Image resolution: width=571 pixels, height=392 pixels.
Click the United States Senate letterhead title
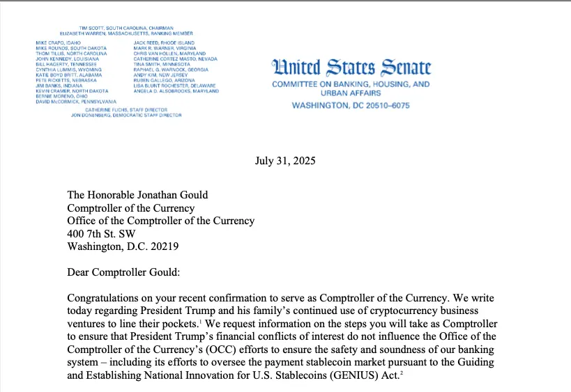point(351,68)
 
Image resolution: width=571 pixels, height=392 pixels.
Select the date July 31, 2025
point(285,161)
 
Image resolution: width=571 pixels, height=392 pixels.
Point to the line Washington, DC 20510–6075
point(350,106)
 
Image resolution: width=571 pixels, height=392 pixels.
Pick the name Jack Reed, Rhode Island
point(162,43)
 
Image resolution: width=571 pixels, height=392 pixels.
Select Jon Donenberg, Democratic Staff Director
point(126,116)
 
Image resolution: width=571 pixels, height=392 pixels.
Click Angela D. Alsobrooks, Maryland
point(176,91)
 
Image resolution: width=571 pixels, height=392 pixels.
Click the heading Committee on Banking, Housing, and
point(350,84)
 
